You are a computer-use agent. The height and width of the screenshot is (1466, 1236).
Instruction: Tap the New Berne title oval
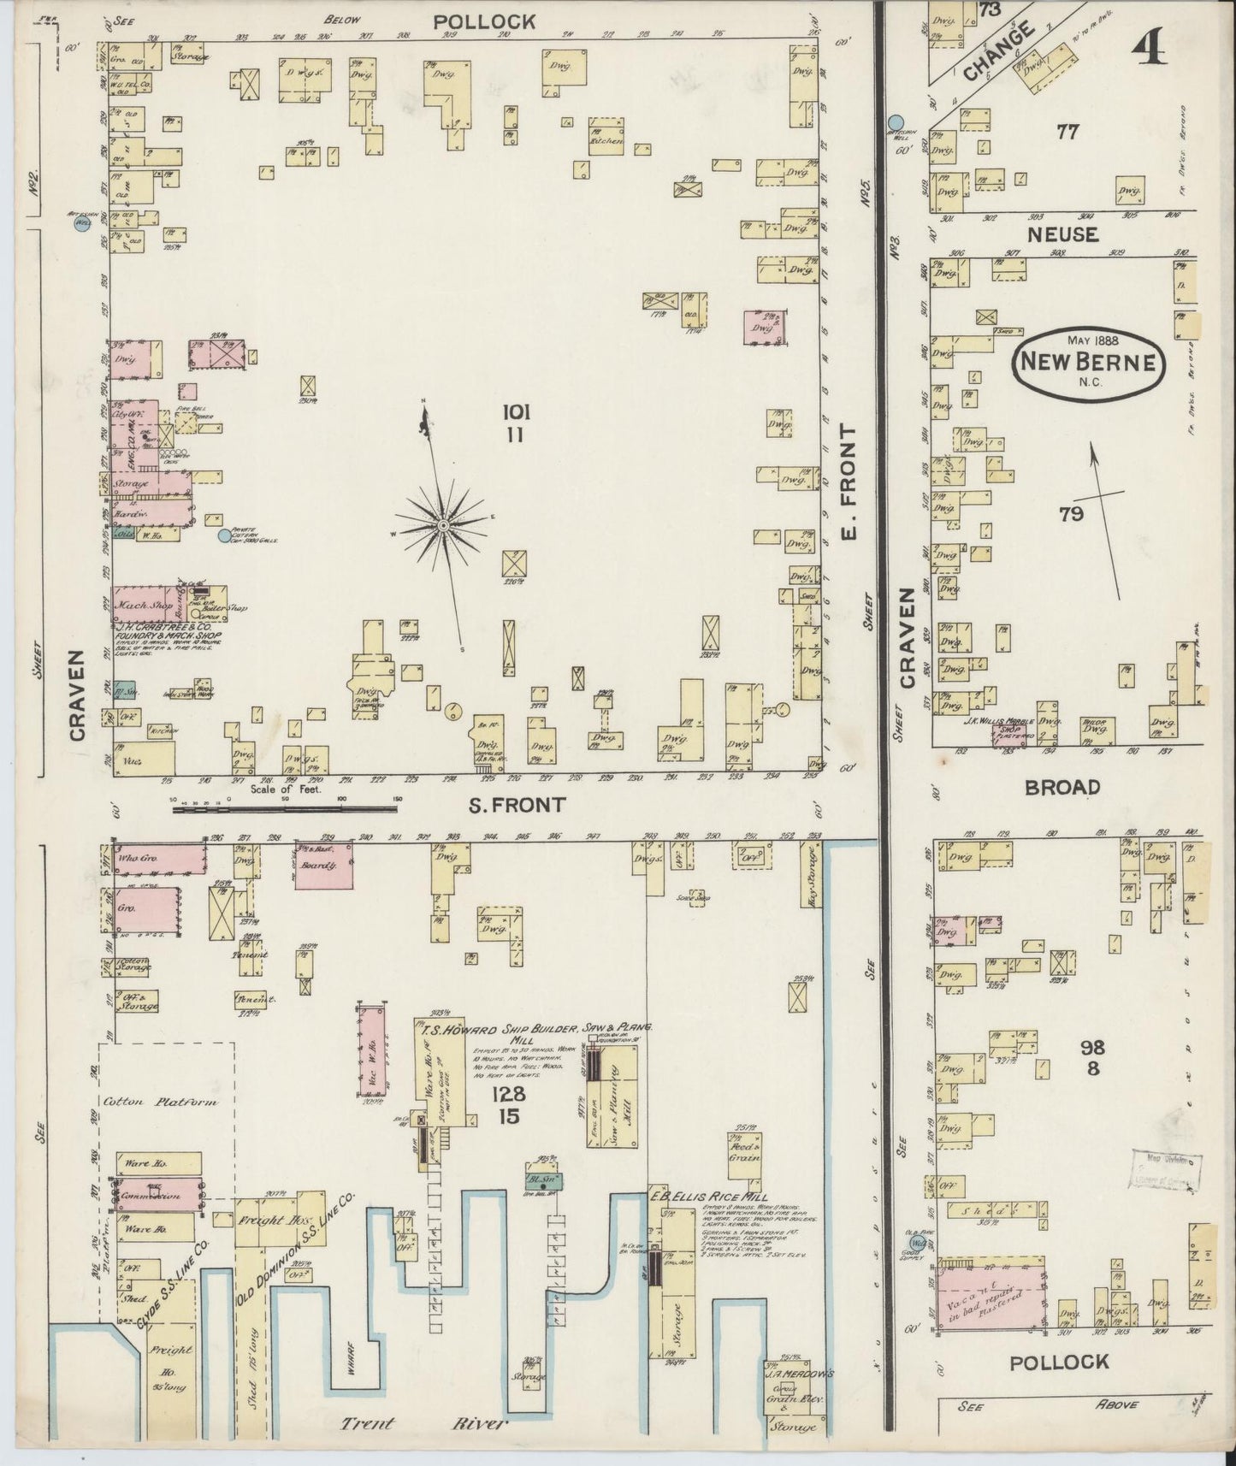(x=1086, y=364)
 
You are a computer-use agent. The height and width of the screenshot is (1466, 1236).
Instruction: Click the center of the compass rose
(x=444, y=524)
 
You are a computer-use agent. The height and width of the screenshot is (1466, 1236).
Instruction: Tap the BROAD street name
(x=1063, y=788)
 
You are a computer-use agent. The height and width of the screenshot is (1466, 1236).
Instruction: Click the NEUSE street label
(x=1063, y=233)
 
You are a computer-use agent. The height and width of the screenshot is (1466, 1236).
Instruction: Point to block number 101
(x=517, y=413)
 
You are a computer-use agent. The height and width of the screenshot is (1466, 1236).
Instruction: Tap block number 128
(x=508, y=1095)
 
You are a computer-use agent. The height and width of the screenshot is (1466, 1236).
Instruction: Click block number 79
(x=1071, y=513)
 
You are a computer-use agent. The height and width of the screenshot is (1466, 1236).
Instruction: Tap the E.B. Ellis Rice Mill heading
(x=709, y=1197)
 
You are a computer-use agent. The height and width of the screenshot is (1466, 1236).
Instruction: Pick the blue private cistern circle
(x=224, y=536)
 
